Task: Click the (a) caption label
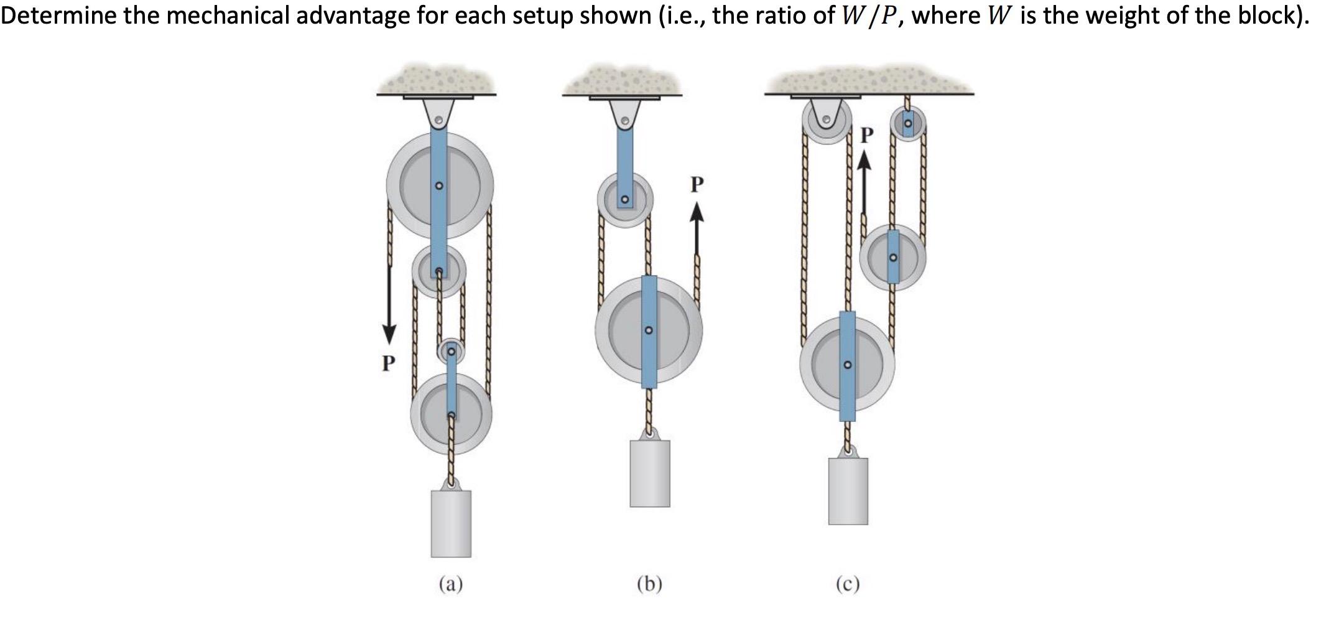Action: point(451,584)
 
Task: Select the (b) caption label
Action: point(649,584)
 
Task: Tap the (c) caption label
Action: point(848,584)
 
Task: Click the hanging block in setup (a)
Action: point(451,523)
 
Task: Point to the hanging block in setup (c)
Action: point(848,491)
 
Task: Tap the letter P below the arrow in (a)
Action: point(388,363)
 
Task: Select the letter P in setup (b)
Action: point(697,184)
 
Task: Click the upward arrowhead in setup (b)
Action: point(697,213)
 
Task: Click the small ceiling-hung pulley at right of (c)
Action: point(909,125)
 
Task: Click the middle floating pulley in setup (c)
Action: point(893,257)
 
